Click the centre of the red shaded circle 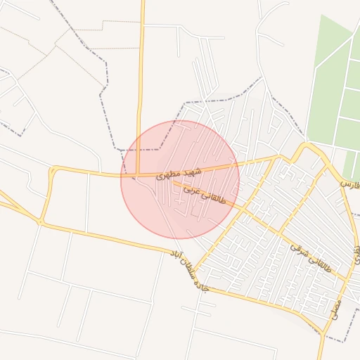(180, 180)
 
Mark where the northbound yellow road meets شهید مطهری (139, 174)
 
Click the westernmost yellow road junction (40, 222)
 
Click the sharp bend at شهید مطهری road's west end (51, 169)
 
